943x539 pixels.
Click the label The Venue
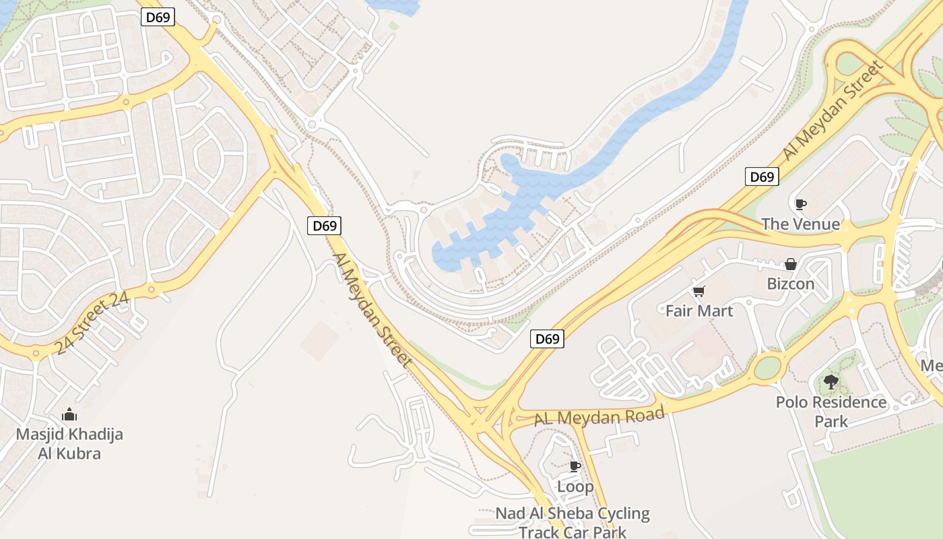pyautogui.click(x=800, y=224)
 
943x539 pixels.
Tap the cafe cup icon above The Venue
pyautogui.click(x=800, y=203)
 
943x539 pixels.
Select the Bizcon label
pyautogui.click(x=791, y=284)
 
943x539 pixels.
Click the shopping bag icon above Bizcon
pyautogui.click(x=791, y=264)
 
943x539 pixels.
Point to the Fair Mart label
pyautogui.click(x=699, y=311)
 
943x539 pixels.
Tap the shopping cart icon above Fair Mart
pyautogui.click(x=698, y=291)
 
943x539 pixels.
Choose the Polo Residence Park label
pyautogui.click(x=831, y=411)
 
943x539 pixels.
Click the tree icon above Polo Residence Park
pyautogui.click(x=831, y=382)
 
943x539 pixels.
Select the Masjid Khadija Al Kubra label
pyautogui.click(x=69, y=443)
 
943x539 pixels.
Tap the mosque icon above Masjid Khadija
pyautogui.click(x=69, y=414)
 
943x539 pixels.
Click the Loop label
pyautogui.click(x=575, y=486)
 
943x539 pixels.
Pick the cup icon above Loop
pyautogui.click(x=575, y=466)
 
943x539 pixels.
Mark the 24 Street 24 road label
pyautogui.click(x=92, y=324)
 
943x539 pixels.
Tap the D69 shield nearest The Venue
pyautogui.click(x=762, y=177)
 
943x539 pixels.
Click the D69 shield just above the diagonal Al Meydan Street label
pyautogui.click(x=325, y=226)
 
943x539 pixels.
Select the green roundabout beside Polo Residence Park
pyautogui.click(x=767, y=368)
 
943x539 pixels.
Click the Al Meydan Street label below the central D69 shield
pyautogui.click(x=372, y=310)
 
